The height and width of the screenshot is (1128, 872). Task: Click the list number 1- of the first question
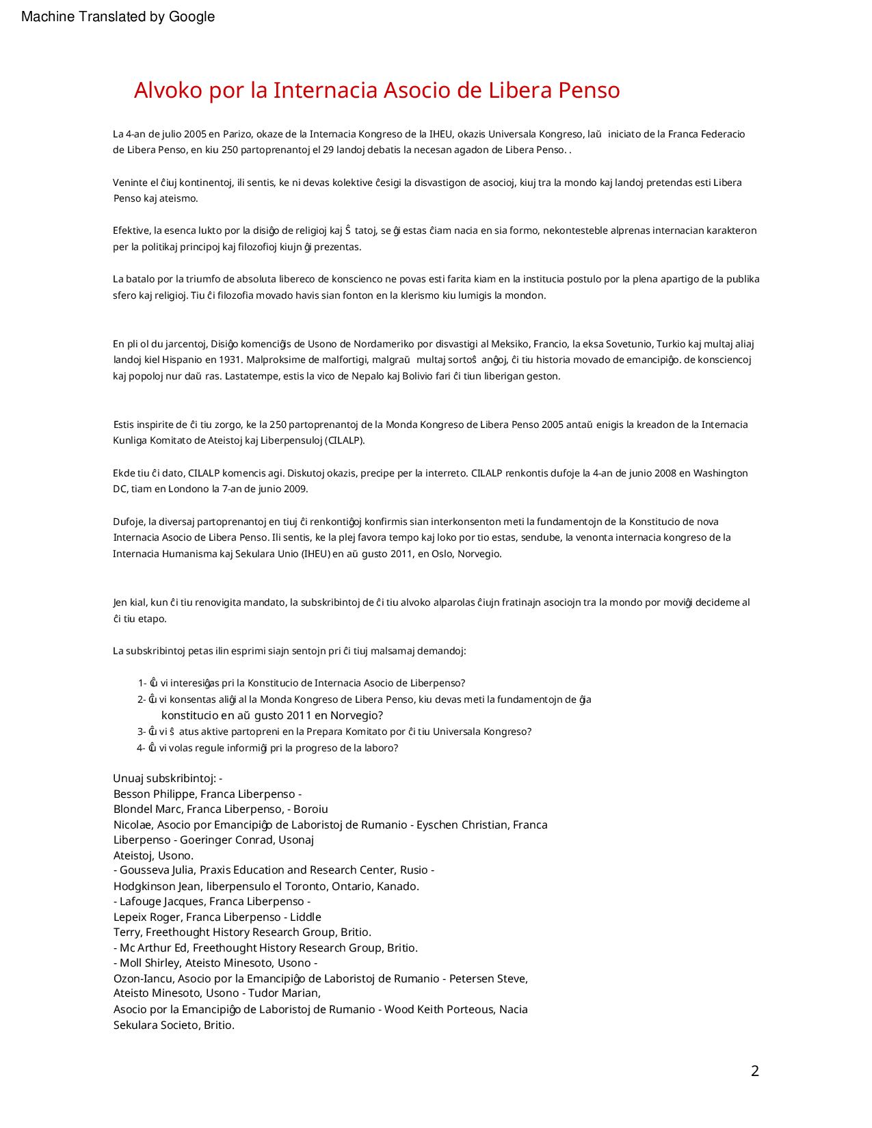point(142,683)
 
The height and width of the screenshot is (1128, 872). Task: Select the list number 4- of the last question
point(142,748)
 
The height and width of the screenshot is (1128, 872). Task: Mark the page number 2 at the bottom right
point(755,1071)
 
